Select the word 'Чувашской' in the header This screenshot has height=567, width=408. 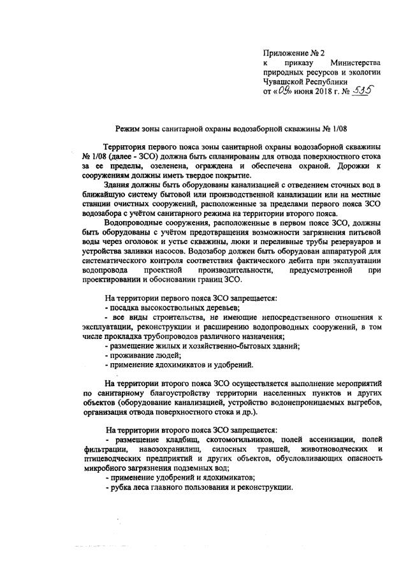click(284, 82)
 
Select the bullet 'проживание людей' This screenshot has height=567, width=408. click(140, 355)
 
